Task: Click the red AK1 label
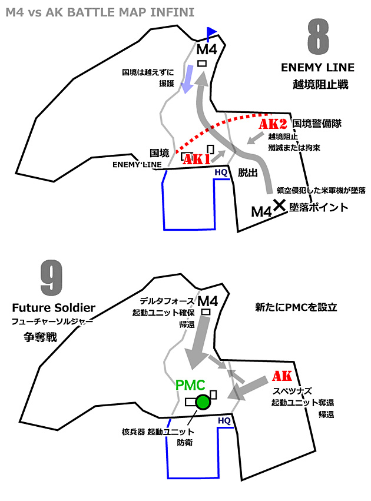point(197,159)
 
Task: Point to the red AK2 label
point(273,124)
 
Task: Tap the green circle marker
point(203,403)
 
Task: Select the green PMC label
point(190,385)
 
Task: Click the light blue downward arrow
point(187,79)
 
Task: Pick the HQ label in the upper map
point(221,172)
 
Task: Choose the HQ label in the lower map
point(224,421)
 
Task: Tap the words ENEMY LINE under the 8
point(317,68)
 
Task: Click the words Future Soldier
point(54,308)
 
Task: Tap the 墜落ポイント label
point(318,207)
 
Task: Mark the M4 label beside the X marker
point(261,210)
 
